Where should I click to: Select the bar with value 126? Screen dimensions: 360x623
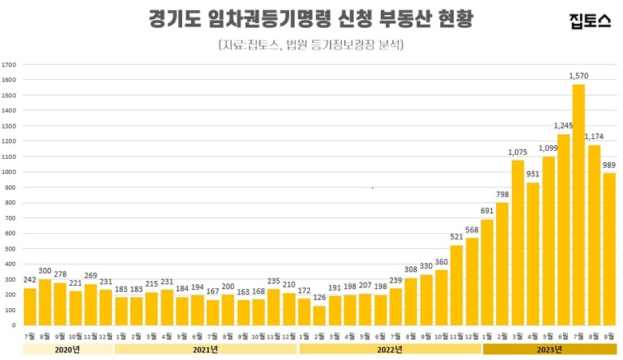(319, 315)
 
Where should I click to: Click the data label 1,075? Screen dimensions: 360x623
(518, 152)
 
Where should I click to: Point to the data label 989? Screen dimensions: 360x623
(609, 165)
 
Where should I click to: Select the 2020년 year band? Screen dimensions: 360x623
(67, 349)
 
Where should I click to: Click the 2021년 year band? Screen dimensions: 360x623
(205, 349)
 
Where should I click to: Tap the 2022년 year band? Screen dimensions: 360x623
(389, 349)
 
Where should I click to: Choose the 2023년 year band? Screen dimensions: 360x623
(549, 349)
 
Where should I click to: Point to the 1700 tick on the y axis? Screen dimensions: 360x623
(9, 65)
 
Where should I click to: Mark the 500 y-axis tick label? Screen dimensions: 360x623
(9, 248)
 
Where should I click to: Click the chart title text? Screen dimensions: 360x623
(311, 19)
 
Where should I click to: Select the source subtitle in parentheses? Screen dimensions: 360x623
(311, 45)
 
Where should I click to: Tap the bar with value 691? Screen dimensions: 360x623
(487, 272)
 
